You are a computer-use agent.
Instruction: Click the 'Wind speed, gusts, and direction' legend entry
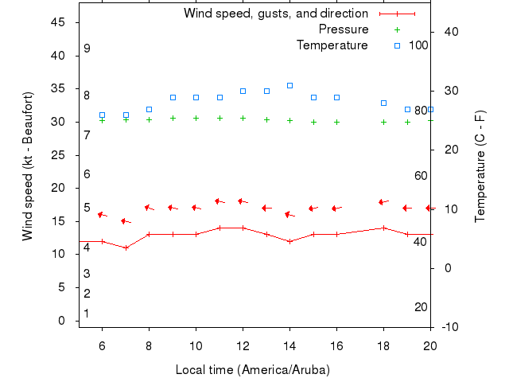pos(275,14)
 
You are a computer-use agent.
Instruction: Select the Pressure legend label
pos(343,29)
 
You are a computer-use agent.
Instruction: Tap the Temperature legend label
pos(332,45)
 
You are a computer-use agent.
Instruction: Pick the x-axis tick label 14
pos(289,345)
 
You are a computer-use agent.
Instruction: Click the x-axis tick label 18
pos(383,345)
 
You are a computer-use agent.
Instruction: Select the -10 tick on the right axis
pos(447,327)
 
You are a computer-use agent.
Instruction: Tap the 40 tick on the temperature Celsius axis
pos(447,32)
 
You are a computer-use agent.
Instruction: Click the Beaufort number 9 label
pos(87,49)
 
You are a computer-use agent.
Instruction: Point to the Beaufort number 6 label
pos(87,174)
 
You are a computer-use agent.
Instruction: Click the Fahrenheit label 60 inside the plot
pos(421,176)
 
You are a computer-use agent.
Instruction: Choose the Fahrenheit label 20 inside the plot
pos(421,307)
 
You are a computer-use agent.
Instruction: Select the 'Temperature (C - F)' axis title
pos(480,166)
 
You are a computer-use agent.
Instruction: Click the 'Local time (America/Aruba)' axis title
pos(252,370)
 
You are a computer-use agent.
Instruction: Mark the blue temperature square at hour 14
pos(289,85)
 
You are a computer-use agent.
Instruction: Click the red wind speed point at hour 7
pos(126,248)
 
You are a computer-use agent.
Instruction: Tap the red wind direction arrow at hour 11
pos(220,201)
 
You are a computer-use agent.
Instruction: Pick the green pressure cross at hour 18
pos(383,122)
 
